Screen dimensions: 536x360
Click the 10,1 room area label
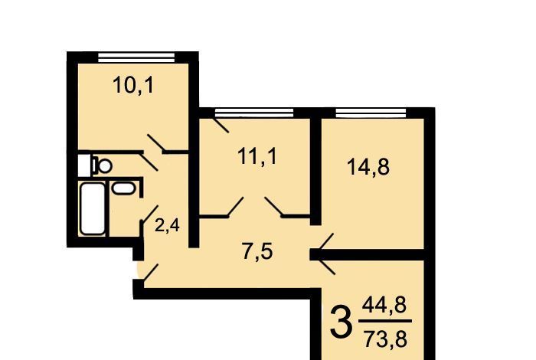pyautogui.click(x=133, y=86)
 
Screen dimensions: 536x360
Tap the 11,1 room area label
pyautogui.click(x=257, y=157)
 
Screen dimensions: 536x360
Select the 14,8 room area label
pyautogui.click(x=368, y=167)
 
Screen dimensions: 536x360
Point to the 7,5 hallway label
pyautogui.click(x=257, y=252)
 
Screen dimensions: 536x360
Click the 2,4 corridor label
pyautogui.click(x=167, y=226)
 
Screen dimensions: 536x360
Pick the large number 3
pyautogui.click(x=341, y=322)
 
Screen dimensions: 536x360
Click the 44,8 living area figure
pyautogui.click(x=384, y=306)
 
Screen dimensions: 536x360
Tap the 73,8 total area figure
pyautogui.click(x=385, y=339)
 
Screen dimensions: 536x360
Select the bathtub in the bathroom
pyautogui.click(x=93, y=208)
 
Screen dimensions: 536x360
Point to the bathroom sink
pyautogui.click(x=123, y=188)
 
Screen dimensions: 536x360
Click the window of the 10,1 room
pyautogui.click(x=136, y=57)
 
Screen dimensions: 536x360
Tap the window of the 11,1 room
pyautogui.click(x=254, y=113)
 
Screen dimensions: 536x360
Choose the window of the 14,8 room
pyautogui.click(x=371, y=113)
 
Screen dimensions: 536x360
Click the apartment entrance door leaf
pyautogui.click(x=150, y=273)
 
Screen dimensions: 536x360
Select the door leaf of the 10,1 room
pyautogui.click(x=156, y=143)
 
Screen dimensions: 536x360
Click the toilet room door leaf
pyautogui.click(x=149, y=162)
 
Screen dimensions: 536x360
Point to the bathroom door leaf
pyautogui.click(x=149, y=214)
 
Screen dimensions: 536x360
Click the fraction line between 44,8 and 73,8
pyautogui.click(x=385, y=322)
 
